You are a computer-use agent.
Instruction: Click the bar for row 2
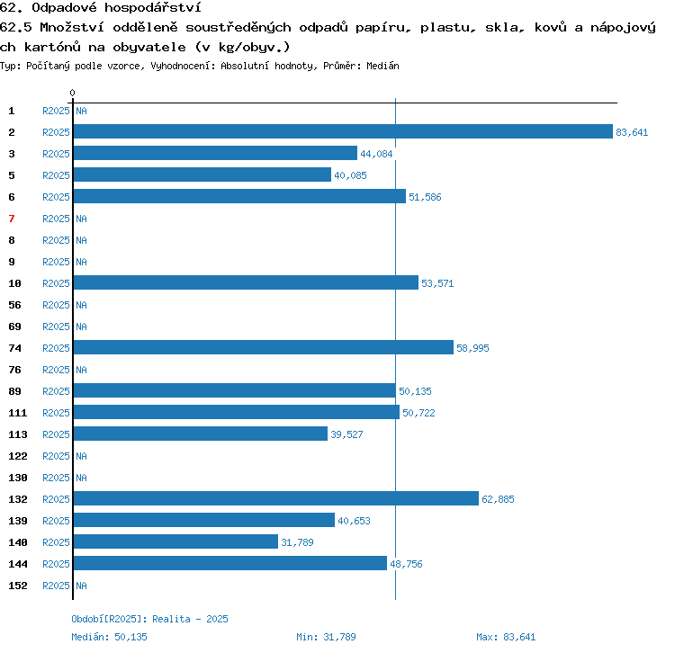tap(343, 131)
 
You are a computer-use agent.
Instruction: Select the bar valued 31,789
tap(175, 541)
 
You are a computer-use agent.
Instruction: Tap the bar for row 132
tap(276, 498)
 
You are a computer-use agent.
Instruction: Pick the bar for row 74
tap(264, 347)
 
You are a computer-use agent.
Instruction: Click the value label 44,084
tap(376, 154)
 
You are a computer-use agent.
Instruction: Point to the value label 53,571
tap(437, 283)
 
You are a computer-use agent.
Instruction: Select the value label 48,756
tap(406, 564)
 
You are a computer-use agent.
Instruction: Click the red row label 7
tap(12, 219)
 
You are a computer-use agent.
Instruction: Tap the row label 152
tap(18, 586)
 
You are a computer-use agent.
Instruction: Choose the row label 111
tap(18, 413)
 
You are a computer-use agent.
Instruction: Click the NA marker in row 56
tap(81, 305)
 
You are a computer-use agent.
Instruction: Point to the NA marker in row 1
tap(81, 111)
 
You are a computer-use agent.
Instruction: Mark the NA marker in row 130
tap(81, 478)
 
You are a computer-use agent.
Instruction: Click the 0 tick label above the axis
tap(72, 93)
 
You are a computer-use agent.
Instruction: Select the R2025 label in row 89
tap(56, 391)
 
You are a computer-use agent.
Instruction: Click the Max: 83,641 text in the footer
tap(506, 637)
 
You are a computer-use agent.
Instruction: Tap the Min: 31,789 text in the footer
tap(326, 637)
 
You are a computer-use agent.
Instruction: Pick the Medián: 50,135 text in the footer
tap(109, 637)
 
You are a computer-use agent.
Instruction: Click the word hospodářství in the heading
tap(153, 8)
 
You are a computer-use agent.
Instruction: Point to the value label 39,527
tap(346, 434)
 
